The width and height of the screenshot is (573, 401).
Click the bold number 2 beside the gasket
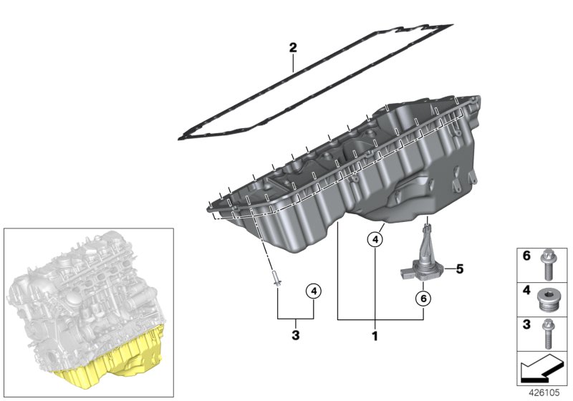tap(292, 49)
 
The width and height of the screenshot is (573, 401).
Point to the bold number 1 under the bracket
tap(374, 334)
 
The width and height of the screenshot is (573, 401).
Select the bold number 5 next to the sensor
tap(459, 269)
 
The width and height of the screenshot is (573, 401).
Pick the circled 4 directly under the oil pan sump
tap(374, 239)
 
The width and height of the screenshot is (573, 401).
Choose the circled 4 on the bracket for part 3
tap(314, 291)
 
